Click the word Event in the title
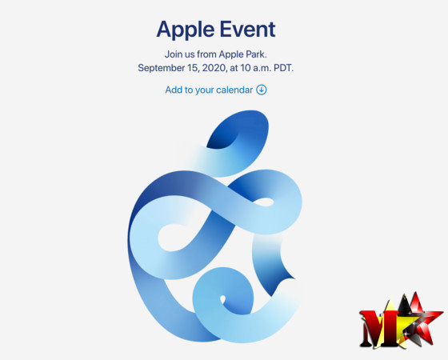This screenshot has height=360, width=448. click(x=247, y=29)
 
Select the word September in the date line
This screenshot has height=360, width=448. click(x=161, y=68)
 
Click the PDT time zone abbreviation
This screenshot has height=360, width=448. click(x=283, y=68)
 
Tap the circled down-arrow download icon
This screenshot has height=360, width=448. click(x=261, y=90)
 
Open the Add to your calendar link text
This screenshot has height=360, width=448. click(x=209, y=90)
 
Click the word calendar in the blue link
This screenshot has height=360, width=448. click(x=234, y=90)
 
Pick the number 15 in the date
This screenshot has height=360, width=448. click(x=193, y=68)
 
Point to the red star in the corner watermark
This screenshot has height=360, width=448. click(x=420, y=317)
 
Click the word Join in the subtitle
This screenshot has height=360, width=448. click(x=173, y=54)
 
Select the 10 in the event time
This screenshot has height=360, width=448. click(x=246, y=68)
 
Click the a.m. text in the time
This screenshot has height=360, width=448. click(x=262, y=69)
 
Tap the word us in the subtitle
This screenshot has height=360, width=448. click(x=190, y=55)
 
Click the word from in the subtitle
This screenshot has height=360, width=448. click(x=206, y=54)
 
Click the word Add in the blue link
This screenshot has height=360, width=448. click(x=174, y=90)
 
